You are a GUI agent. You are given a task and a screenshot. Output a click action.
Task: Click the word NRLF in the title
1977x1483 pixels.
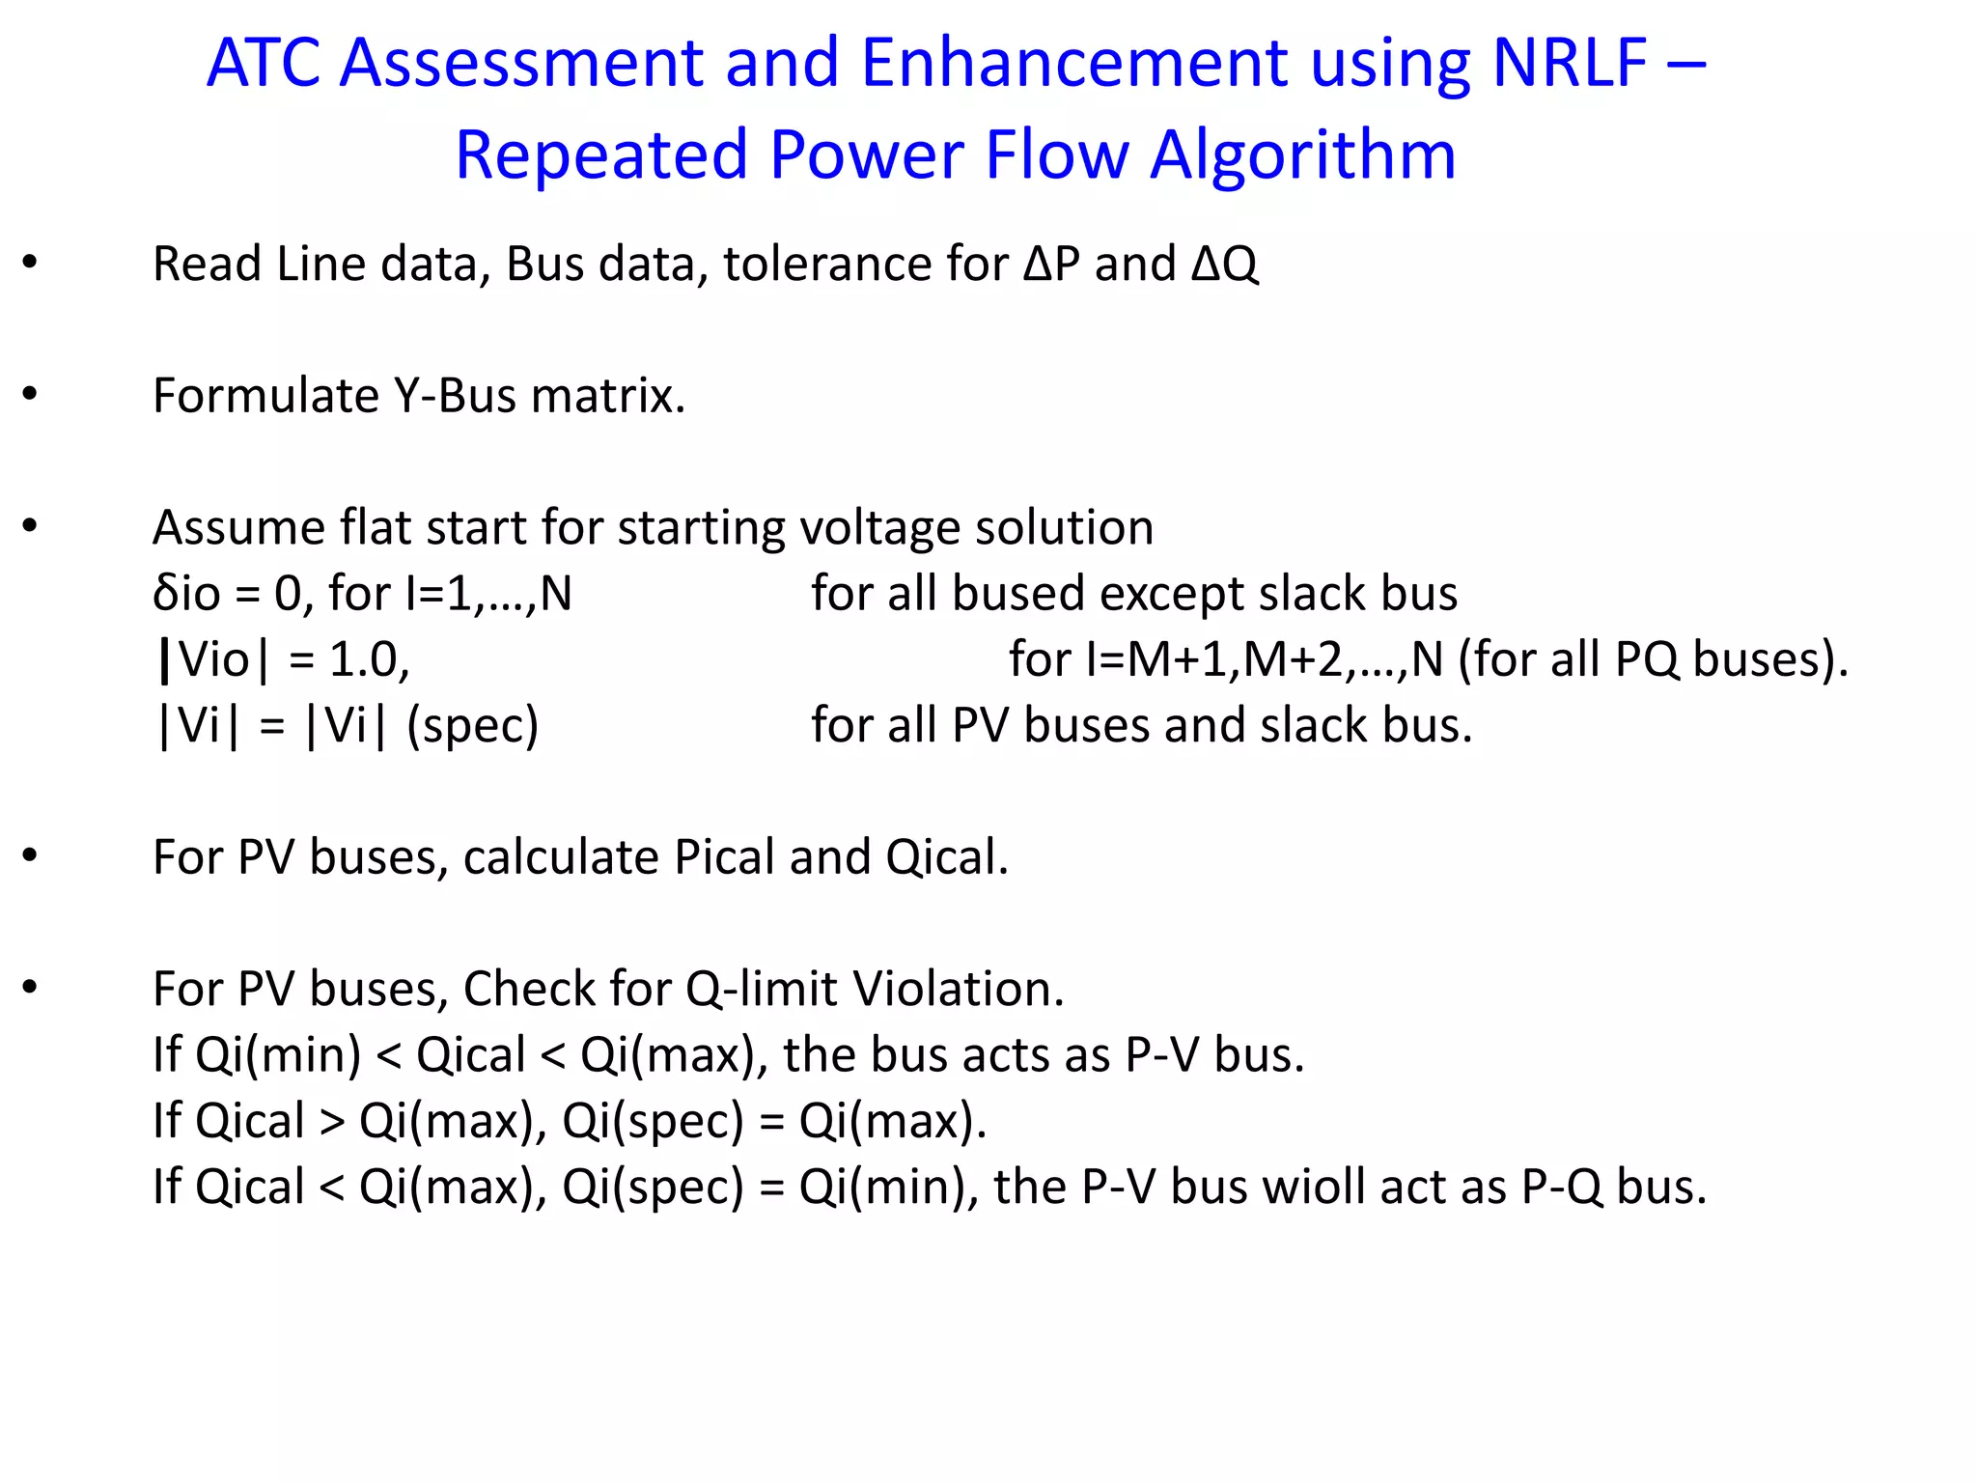pyautogui.click(x=1569, y=64)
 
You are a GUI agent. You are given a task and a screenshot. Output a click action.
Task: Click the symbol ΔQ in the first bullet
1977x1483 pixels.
pyautogui.click(x=1225, y=265)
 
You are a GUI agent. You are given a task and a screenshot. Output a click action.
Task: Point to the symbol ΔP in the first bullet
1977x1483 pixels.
pyautogui.click(x=1051, y=265)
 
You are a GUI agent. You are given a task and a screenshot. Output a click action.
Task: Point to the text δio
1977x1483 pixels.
pyautogui.click(x=186, y=594)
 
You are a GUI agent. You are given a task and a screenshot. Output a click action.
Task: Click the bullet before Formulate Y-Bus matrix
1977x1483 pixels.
pyautogui.click(x=31, y=394)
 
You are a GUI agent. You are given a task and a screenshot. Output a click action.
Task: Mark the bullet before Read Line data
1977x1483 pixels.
pyautogui.click(x=31, y=262)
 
